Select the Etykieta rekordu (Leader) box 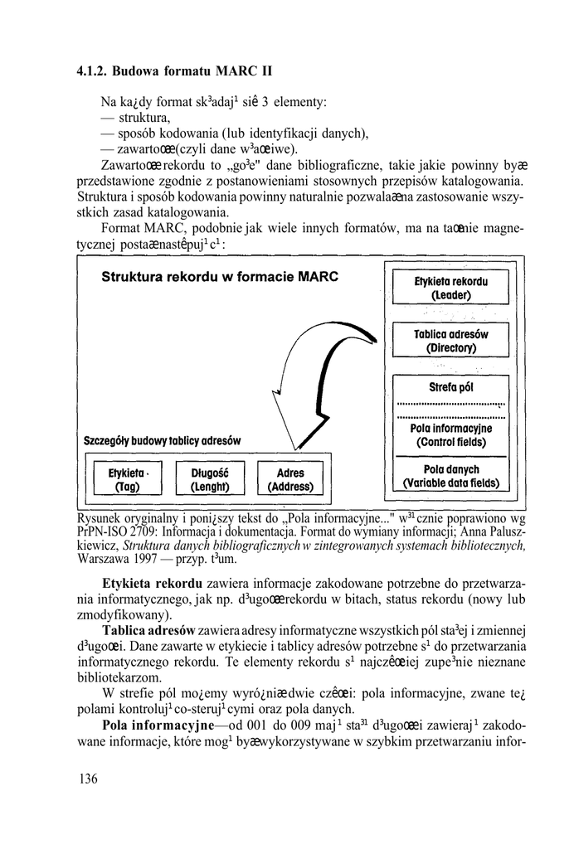click(x=451, y=288)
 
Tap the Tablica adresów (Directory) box click(x=451, y=341)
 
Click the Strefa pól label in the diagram click(x=451, y=387)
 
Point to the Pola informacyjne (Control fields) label click(x=451, y=435)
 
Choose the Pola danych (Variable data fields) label click(x=451, y=475)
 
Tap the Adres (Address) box click(x=291, y=478)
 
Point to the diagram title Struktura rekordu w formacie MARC click(x=220, y=276)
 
